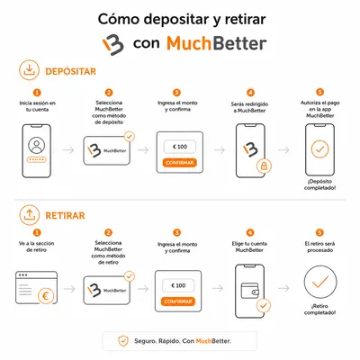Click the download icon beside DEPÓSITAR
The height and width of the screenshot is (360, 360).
tap(29, 70)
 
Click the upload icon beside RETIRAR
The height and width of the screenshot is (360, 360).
tap(29, 215)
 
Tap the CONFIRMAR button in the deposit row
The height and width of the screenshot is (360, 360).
tap(180, 163)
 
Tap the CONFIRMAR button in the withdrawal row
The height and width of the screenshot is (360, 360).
tap(178, 301)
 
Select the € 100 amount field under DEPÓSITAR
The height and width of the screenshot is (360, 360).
tap(180, 147)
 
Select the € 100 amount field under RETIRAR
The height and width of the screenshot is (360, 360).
tap(178, 285)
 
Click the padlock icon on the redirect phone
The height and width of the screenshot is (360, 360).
tap(264, 166)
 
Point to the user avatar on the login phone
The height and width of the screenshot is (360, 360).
tap(37, 146)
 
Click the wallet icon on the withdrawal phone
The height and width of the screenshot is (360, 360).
tap(250, 291)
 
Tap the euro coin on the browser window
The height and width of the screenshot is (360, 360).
tap(46, 296)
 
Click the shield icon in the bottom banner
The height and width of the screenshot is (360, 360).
tap(123, 341)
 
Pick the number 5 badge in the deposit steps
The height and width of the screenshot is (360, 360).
tap(320, 92)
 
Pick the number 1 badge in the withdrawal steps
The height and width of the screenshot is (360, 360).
tap(37, 232)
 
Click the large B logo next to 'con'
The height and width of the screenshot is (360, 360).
tap(113, 45)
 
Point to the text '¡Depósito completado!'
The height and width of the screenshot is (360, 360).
tap(319, 184)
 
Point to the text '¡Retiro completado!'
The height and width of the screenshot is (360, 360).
tap(319, 310)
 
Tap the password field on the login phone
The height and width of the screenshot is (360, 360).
tap(37, 159)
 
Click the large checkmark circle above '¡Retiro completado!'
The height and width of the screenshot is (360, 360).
tap(320, 282)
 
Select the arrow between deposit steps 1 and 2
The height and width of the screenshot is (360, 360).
tap(68, 149)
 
